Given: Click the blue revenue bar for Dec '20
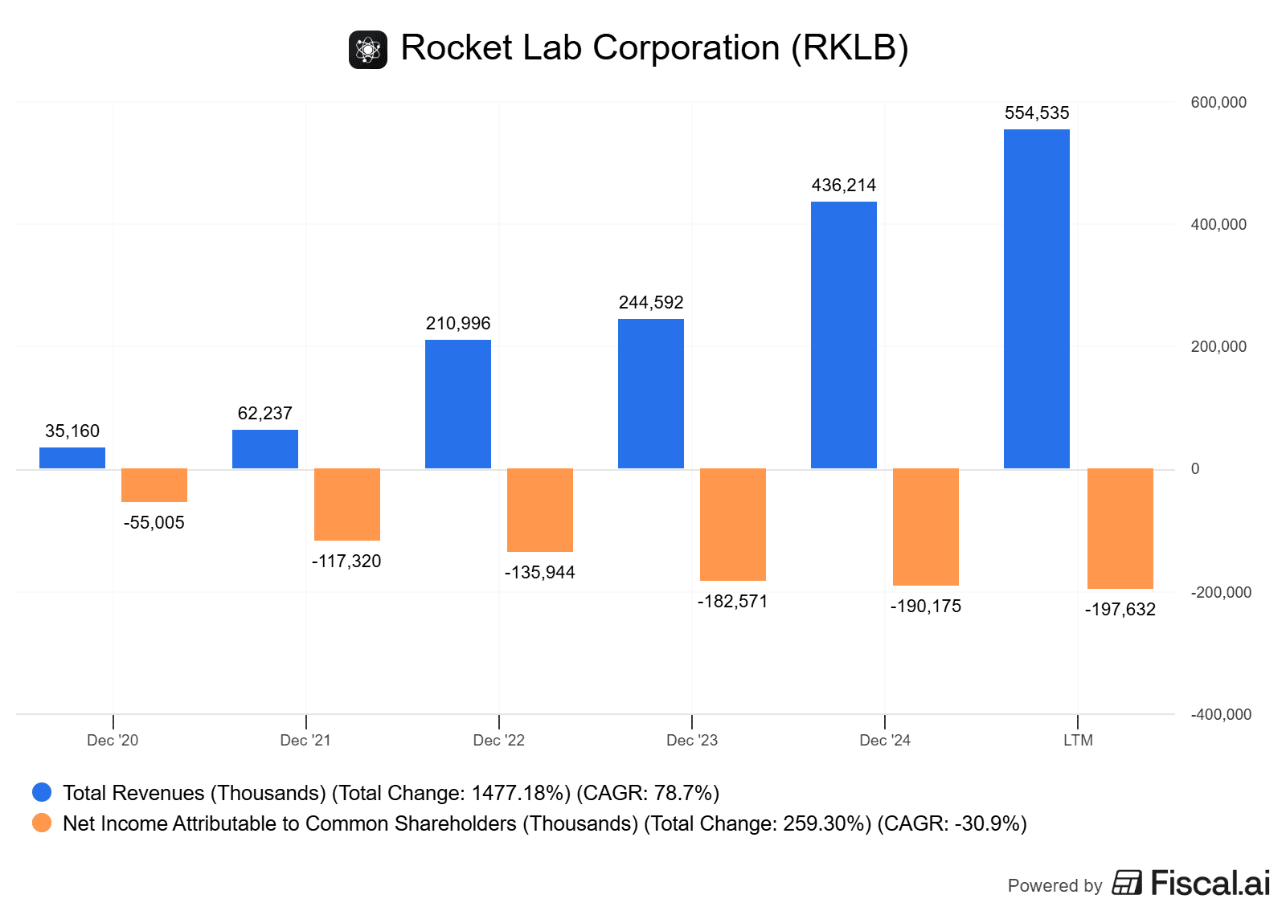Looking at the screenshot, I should [72, 458].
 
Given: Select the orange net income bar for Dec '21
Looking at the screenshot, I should [346, 504].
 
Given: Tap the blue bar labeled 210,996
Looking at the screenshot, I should [457, 403].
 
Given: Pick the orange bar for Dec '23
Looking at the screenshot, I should [732, 524].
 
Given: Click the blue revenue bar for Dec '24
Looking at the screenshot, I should [843, 334].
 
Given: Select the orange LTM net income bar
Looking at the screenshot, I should [1120, 528].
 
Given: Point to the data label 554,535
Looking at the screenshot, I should [1037, 113].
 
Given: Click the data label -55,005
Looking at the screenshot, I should [154, 523].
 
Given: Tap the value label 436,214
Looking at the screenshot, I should [844, 186].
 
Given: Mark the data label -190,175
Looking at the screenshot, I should [926, 607].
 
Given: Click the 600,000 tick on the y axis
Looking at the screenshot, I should [1218, 103].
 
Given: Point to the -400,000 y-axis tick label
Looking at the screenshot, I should [1221, 714].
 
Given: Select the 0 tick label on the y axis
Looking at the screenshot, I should [1195, 469].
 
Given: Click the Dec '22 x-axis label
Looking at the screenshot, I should [498, 740].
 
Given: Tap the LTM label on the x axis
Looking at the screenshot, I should [1078, 740].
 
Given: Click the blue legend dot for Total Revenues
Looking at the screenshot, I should [42, 793].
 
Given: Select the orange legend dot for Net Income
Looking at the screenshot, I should [42, 823].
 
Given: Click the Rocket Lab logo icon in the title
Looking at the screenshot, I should [368, 50].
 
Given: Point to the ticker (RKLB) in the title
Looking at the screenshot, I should [850, 48].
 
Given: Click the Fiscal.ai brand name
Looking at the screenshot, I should [1210, 884].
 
